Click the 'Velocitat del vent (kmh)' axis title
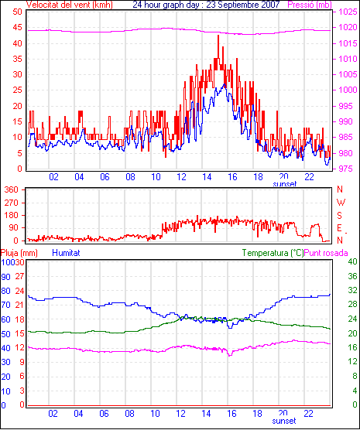coord(70,5)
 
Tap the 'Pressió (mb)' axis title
coord(310,5)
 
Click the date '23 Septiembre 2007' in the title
coord(243,5)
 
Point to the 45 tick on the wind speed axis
coord(18,27)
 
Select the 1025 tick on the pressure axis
coord(348,12)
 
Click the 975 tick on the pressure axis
coord(348,169)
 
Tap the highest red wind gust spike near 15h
coord(218,36)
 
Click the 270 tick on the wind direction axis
coord(12,203)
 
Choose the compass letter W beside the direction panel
coord(341,203)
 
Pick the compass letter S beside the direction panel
coord(340,216)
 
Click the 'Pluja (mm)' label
coord(19,253)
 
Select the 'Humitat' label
coord(66,253)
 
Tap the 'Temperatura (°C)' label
coord(273,253)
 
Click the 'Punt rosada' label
coord(326,253)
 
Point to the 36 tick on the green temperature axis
coord(352,276)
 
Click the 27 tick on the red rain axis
coord(20,276)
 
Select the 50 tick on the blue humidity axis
coord(5,334)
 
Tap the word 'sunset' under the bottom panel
coord(284,421)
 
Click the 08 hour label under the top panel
coord(130,177)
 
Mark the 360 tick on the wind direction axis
coord(12,189)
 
